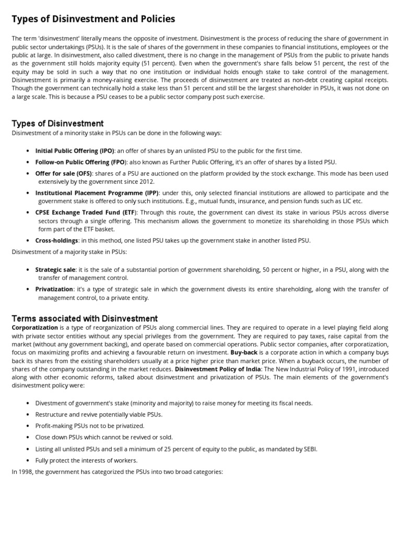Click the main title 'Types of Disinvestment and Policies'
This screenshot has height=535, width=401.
point(93,19)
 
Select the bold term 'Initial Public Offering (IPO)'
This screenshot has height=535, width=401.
point(72,150)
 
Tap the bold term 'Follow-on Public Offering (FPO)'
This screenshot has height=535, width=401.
point(76,162)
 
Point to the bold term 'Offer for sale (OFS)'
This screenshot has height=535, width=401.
point(64,173)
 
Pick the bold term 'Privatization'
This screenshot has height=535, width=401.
point(54,289)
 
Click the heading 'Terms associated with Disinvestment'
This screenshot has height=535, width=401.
point(85,318)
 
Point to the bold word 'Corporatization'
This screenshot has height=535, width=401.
point(34,327)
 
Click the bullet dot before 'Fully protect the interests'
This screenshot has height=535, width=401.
point(28,460)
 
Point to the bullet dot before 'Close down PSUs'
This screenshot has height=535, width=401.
point(28,437)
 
